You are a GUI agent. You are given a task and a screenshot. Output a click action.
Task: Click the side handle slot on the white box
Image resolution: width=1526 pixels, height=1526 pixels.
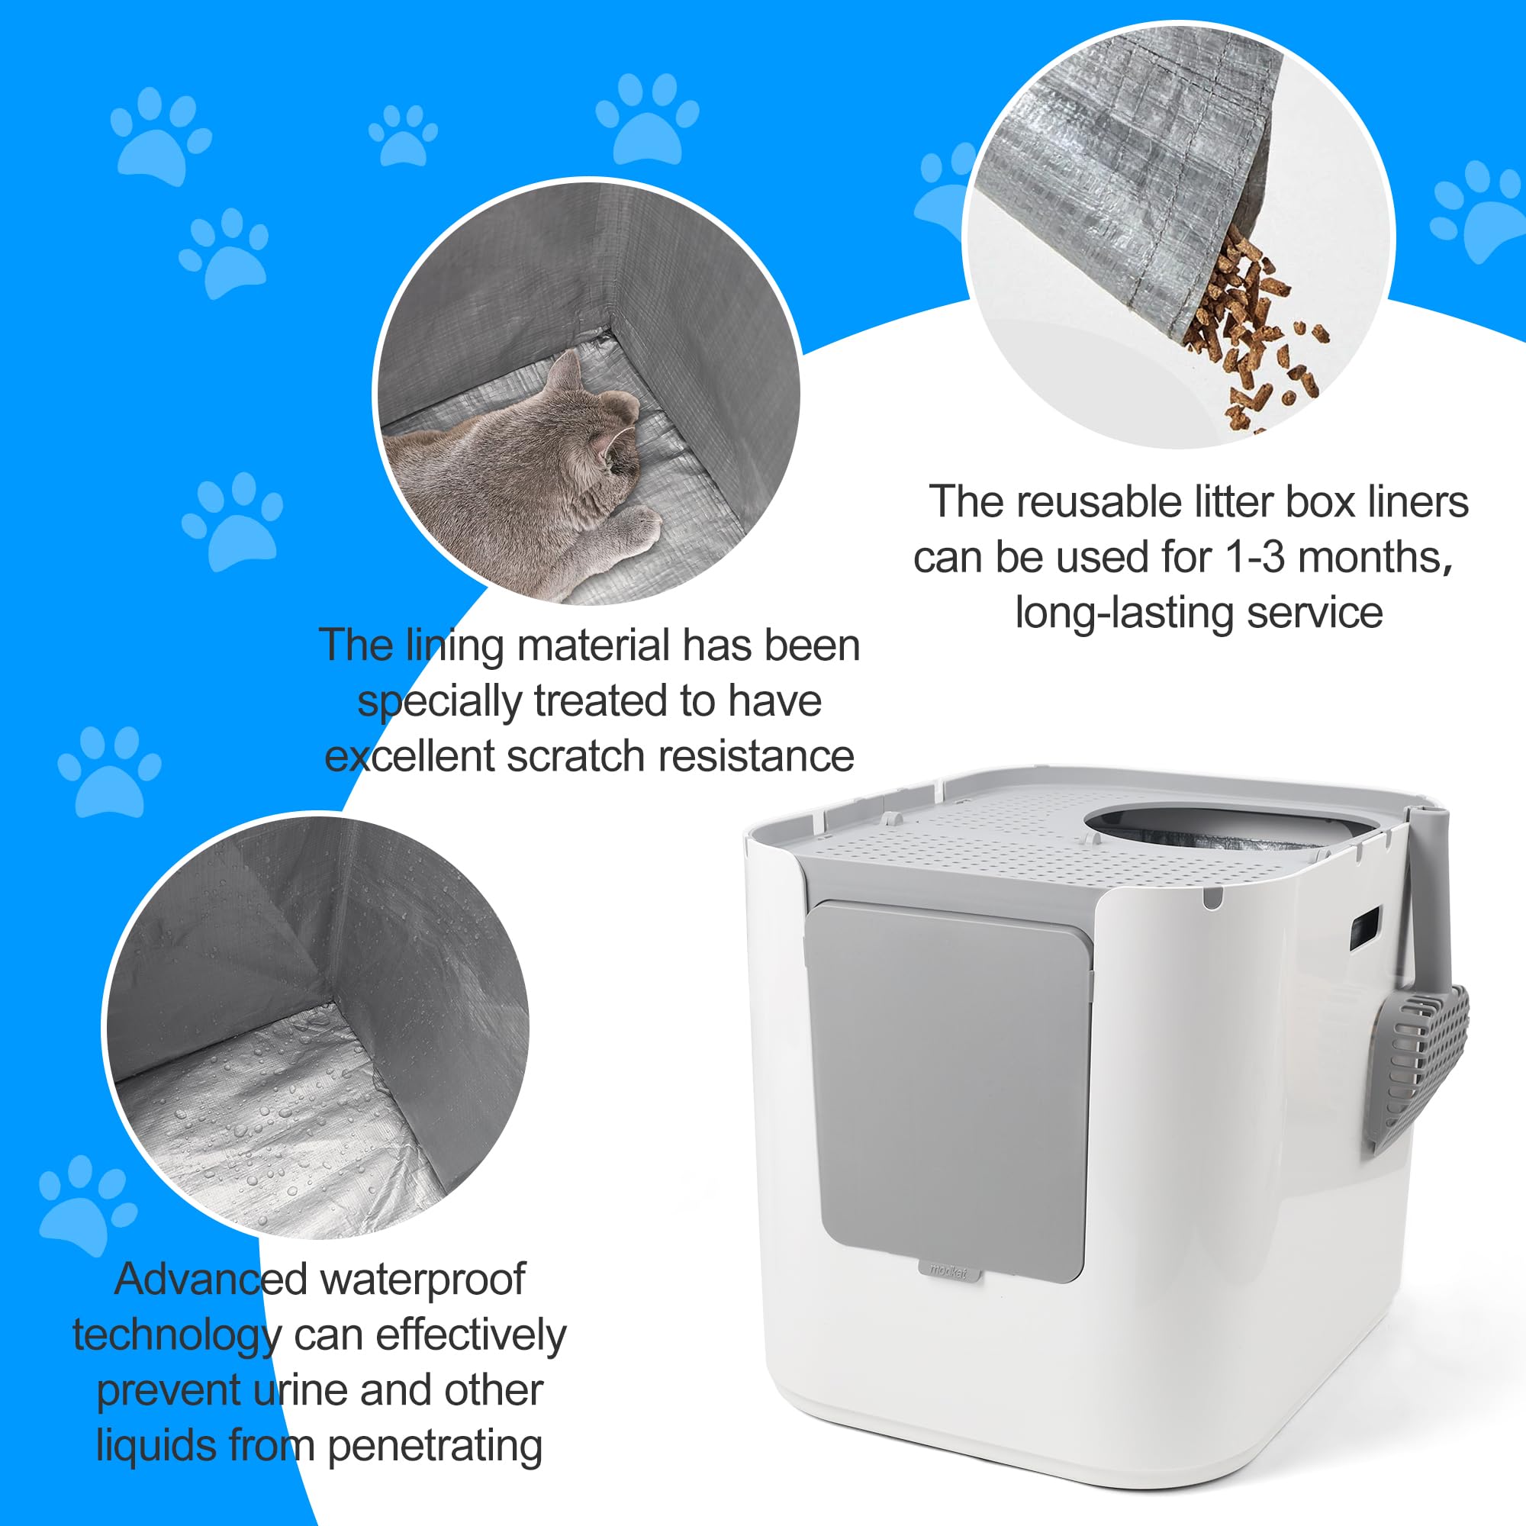point(1364,928)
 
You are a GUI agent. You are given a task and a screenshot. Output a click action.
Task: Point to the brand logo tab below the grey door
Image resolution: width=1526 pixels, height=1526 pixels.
point(948,1272)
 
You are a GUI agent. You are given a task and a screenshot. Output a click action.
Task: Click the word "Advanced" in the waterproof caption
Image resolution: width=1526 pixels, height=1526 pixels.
point(211,1279)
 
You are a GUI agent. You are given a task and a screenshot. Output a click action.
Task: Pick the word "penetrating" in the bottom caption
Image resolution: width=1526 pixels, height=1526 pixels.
point(434,1445)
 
